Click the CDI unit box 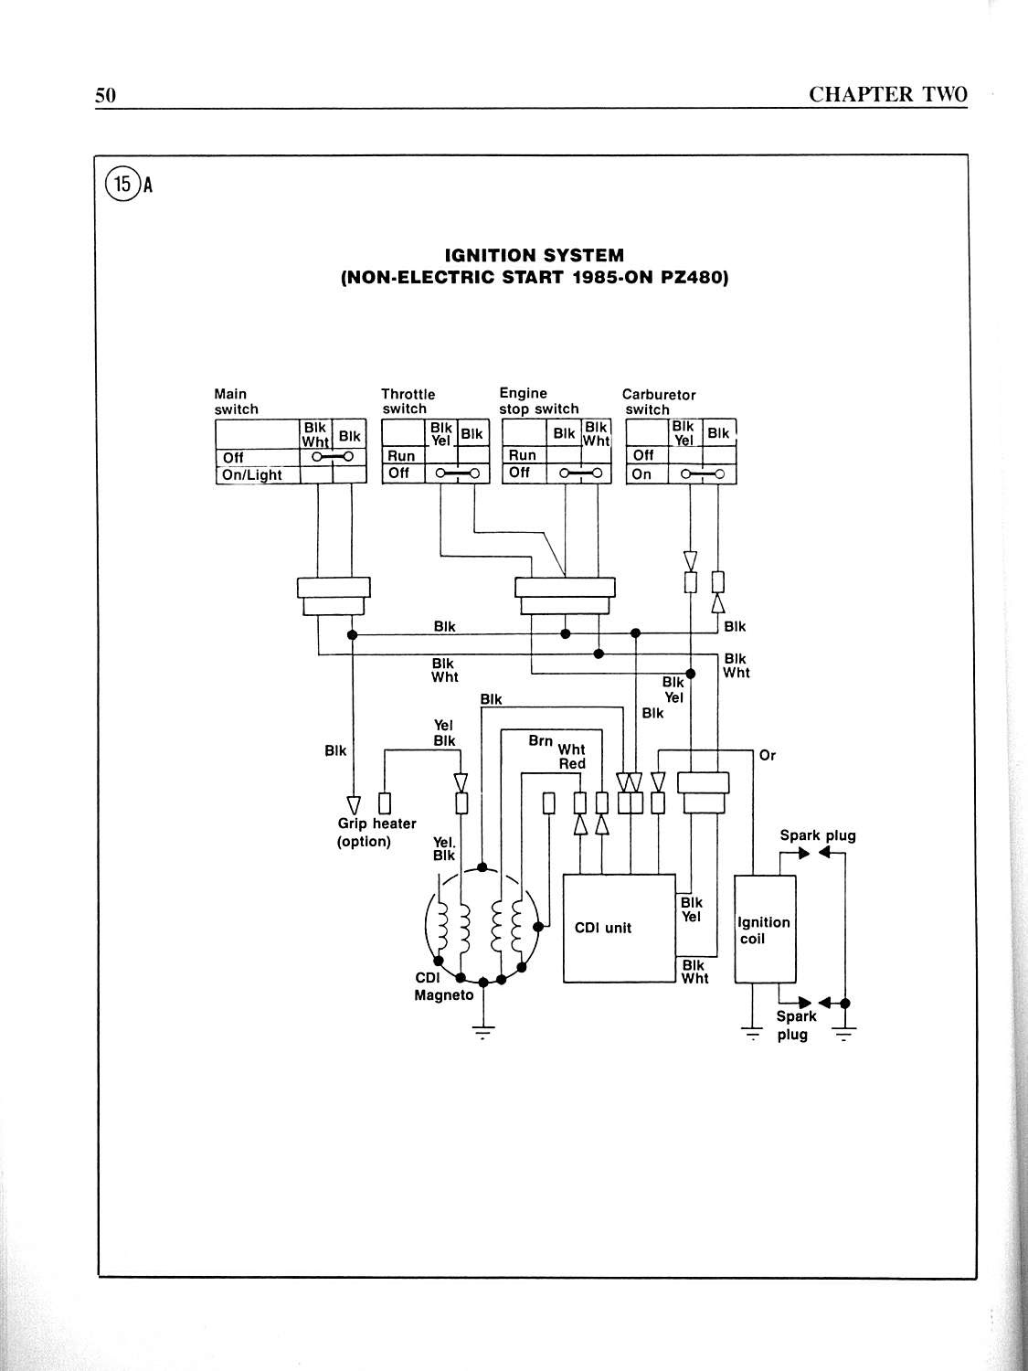[x=619, y=928]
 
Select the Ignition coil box [x=765, y=930]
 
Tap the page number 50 [x=106, y=95]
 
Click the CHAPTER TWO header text [x=887, y=94]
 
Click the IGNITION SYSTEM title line [x=534, y=256]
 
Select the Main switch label [x=236, y=402]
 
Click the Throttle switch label [x=408, y=401]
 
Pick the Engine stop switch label [x=538, y=401]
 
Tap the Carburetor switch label [x=658, y=402]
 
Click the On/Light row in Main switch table [x=253, y=475]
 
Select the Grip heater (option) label [x=376, y=833]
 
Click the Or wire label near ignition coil [x=768, y=755]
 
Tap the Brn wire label [x=541, y=741]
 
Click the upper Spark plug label [x=817, y=835]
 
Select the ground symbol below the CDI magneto [x=481, y=1033]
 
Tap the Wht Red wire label [x=572, y=757]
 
